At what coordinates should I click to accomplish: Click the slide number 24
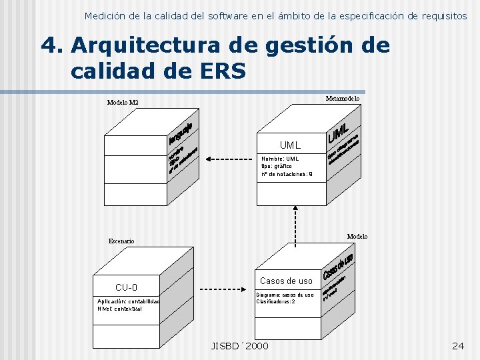[458, 345]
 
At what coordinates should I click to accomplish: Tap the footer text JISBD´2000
[240, 345]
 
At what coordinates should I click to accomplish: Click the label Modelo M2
[123, 103]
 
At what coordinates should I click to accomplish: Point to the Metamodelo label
[343, 99]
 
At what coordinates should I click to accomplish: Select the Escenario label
[121, 241]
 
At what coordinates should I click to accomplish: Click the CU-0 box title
[127, 287]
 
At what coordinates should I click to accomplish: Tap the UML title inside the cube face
[290, 145]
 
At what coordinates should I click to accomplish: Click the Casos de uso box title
[286, 281]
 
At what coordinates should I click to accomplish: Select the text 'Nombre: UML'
[280, 159]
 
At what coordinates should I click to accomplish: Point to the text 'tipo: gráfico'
[276, 166]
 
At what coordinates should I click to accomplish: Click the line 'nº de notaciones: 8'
[283, 174]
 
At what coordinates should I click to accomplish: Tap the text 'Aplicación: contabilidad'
[129, 301]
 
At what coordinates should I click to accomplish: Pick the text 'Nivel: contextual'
[119, 309]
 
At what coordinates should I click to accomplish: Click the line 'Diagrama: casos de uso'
[285, 294]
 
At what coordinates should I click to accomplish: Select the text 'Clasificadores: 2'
[275, 301]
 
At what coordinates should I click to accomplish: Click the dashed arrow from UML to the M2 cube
[229, 159]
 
